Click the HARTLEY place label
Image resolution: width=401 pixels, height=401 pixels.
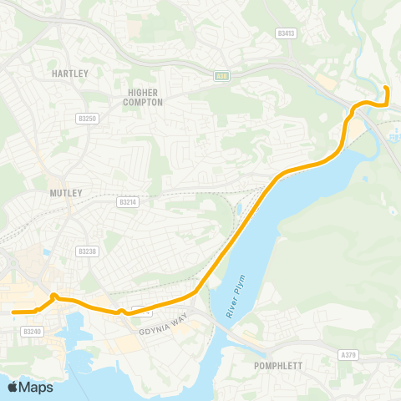(69, 74)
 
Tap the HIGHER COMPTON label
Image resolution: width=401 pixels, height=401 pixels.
(145, 96)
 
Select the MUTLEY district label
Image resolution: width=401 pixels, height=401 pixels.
(66, 193)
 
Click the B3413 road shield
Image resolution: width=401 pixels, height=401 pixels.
(286, 33)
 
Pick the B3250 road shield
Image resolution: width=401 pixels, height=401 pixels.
(88, 119)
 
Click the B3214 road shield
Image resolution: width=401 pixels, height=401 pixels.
(127, 201)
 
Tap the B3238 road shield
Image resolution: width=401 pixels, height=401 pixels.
(87, 251)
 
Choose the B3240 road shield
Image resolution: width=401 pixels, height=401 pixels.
(33, 332)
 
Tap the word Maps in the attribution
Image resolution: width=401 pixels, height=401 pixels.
(37, 387)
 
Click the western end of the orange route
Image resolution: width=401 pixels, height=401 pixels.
(14, 312)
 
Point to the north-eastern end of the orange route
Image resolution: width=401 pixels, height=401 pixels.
(385, 88)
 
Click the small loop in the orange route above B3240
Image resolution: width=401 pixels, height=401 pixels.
(53, 297)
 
